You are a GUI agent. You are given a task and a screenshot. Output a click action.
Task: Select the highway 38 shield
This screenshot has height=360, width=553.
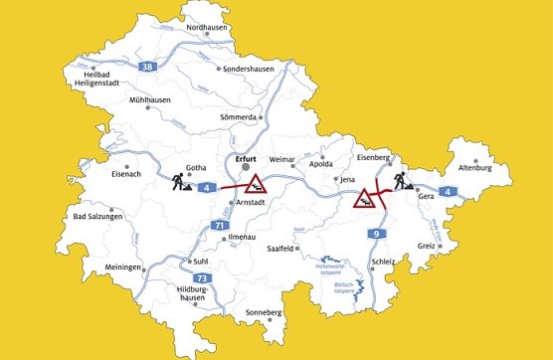(148, 67)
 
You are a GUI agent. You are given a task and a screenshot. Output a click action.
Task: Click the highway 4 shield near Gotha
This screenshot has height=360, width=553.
(204, 186)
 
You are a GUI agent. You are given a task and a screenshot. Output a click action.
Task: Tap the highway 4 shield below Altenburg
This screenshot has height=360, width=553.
(448, 190)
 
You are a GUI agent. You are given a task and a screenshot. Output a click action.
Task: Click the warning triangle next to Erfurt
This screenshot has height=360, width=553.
(256, 183)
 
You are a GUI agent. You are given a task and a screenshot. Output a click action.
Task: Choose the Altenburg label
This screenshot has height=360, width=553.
(475, 169)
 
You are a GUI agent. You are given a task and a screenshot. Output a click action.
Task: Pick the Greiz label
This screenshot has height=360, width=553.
(428, 245)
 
